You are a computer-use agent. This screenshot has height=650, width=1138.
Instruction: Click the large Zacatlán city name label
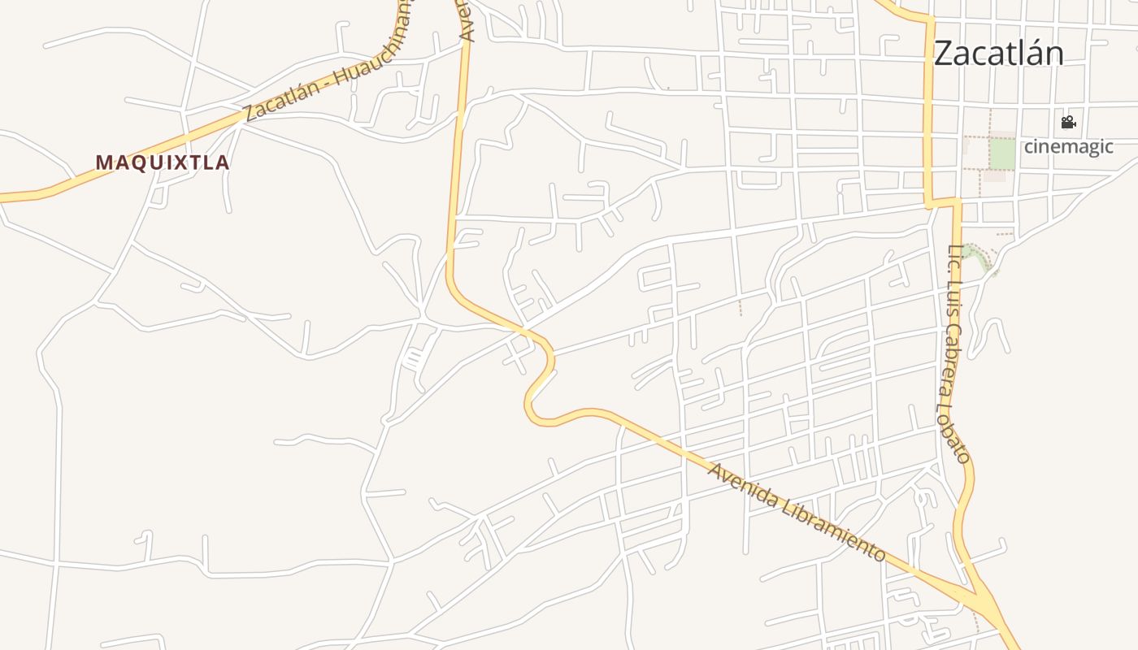click(998, 54)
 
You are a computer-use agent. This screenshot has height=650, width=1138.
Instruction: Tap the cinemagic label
click(1067, 147)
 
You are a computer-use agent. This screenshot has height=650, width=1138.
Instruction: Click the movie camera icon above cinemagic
click(1068, 123)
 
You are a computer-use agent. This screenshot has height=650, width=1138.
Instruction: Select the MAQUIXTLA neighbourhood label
click(163, 162)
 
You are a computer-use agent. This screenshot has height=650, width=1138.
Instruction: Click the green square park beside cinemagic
click(1001, 154)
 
